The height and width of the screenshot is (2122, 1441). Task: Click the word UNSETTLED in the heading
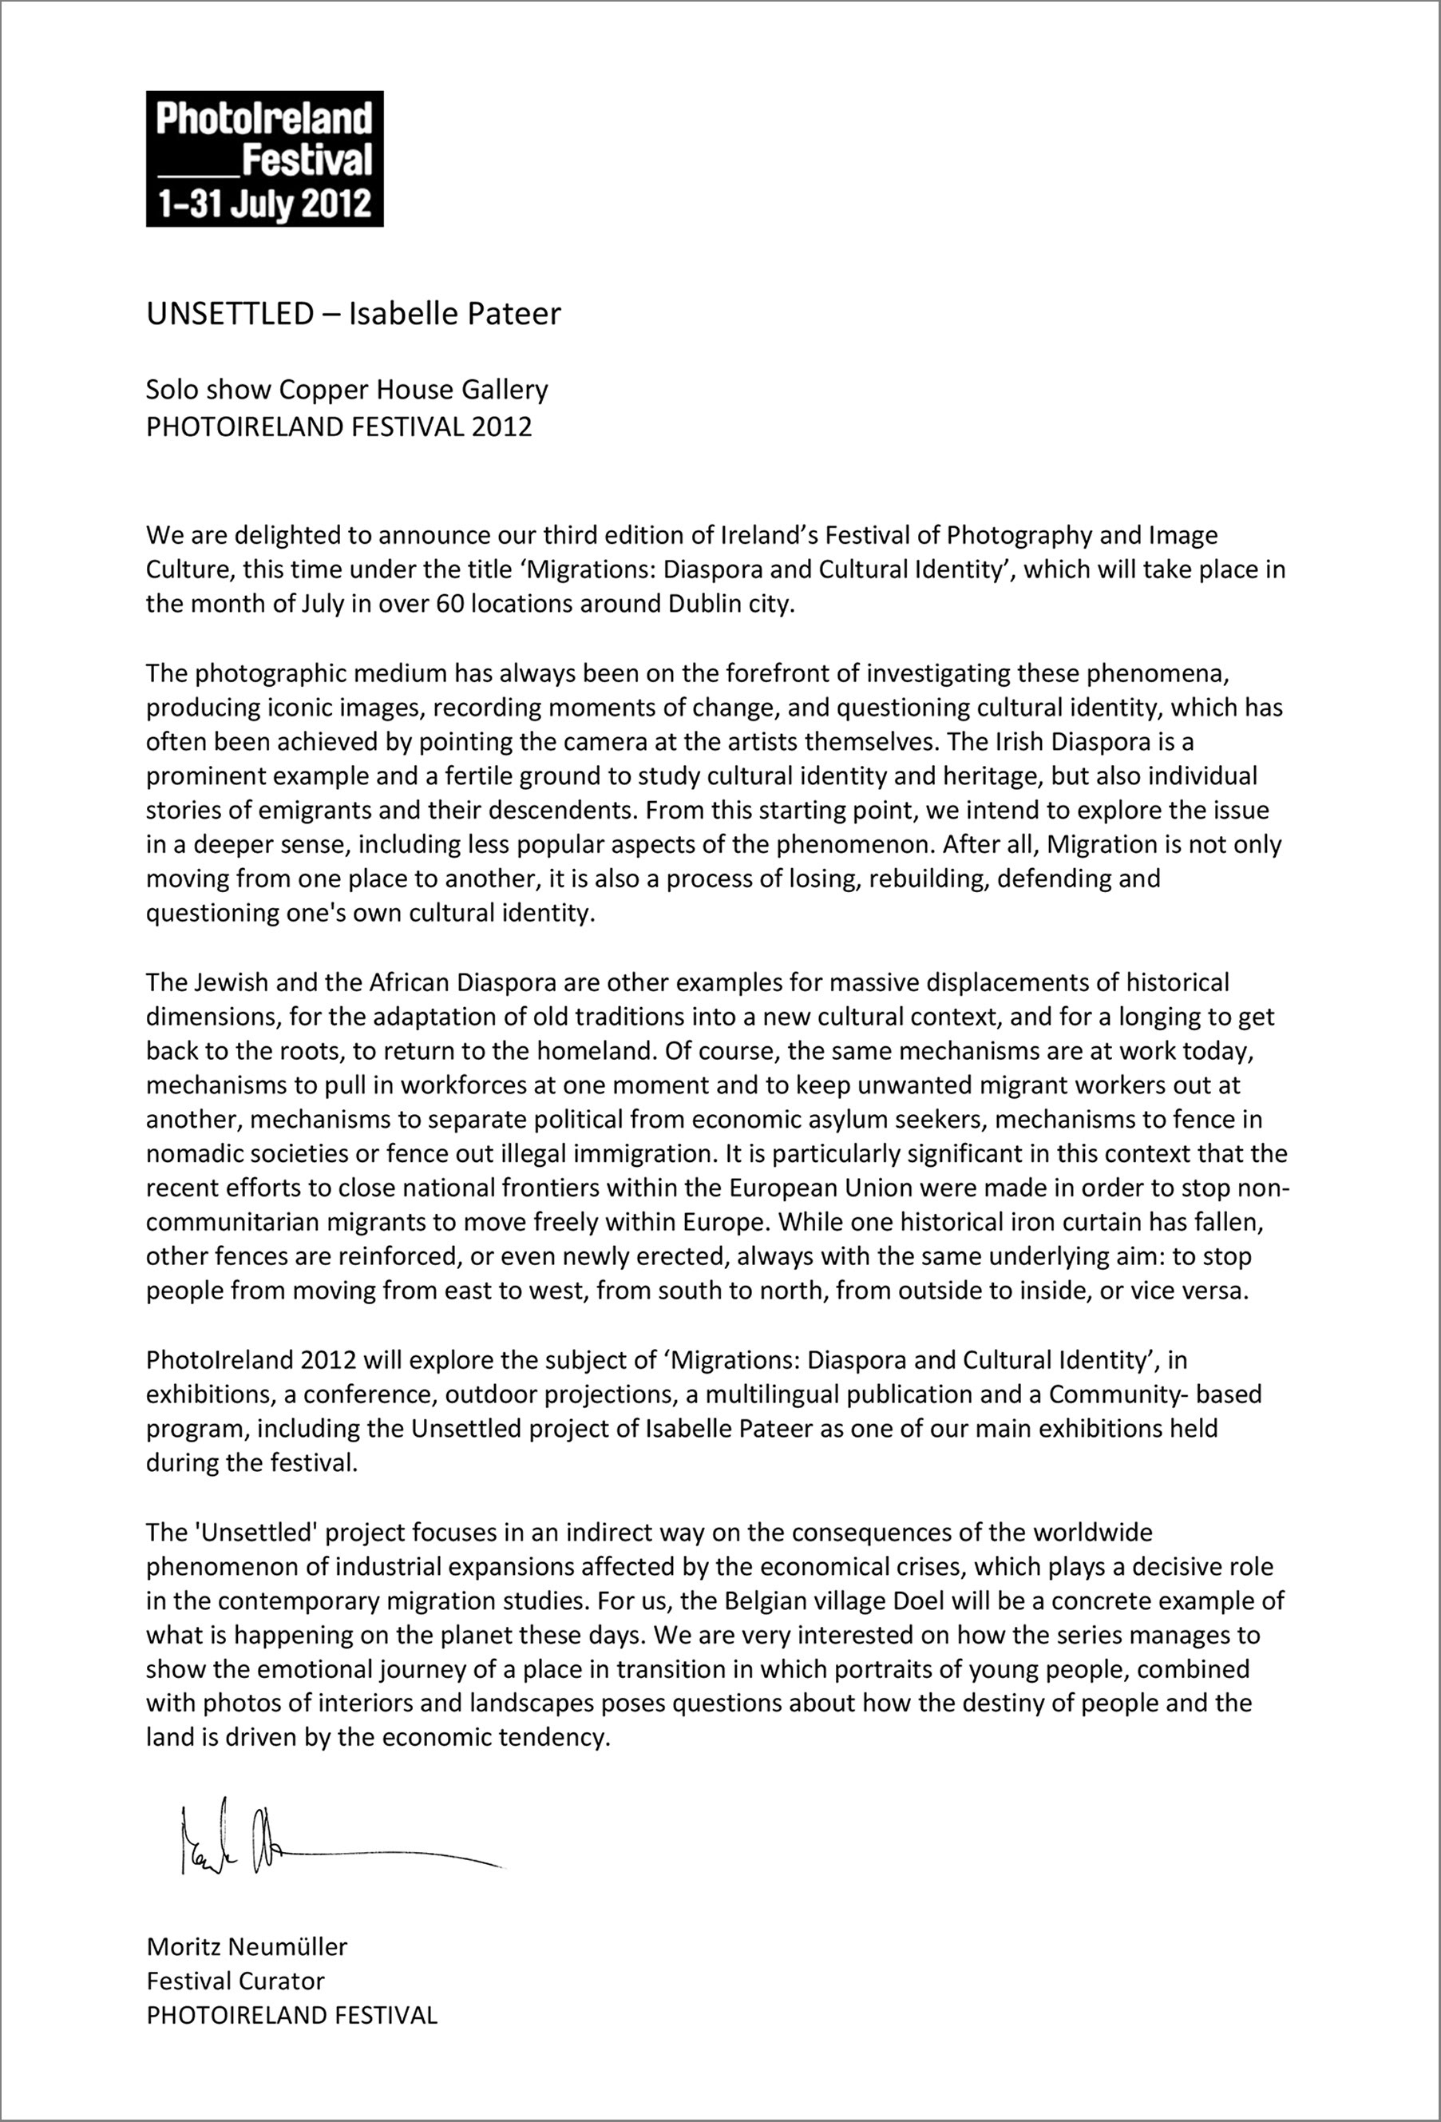tap(230, 313)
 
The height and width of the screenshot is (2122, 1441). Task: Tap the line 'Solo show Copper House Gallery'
tap(346, 390)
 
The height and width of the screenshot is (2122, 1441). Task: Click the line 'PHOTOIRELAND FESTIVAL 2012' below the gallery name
tap(338, 426)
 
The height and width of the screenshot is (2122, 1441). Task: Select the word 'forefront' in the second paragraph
tap(778, 673)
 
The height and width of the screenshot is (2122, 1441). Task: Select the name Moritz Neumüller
tap(247, 1946)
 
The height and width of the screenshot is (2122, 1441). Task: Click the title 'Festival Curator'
tap(236, 1981)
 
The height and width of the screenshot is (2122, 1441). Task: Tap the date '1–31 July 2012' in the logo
tap(265, 203)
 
